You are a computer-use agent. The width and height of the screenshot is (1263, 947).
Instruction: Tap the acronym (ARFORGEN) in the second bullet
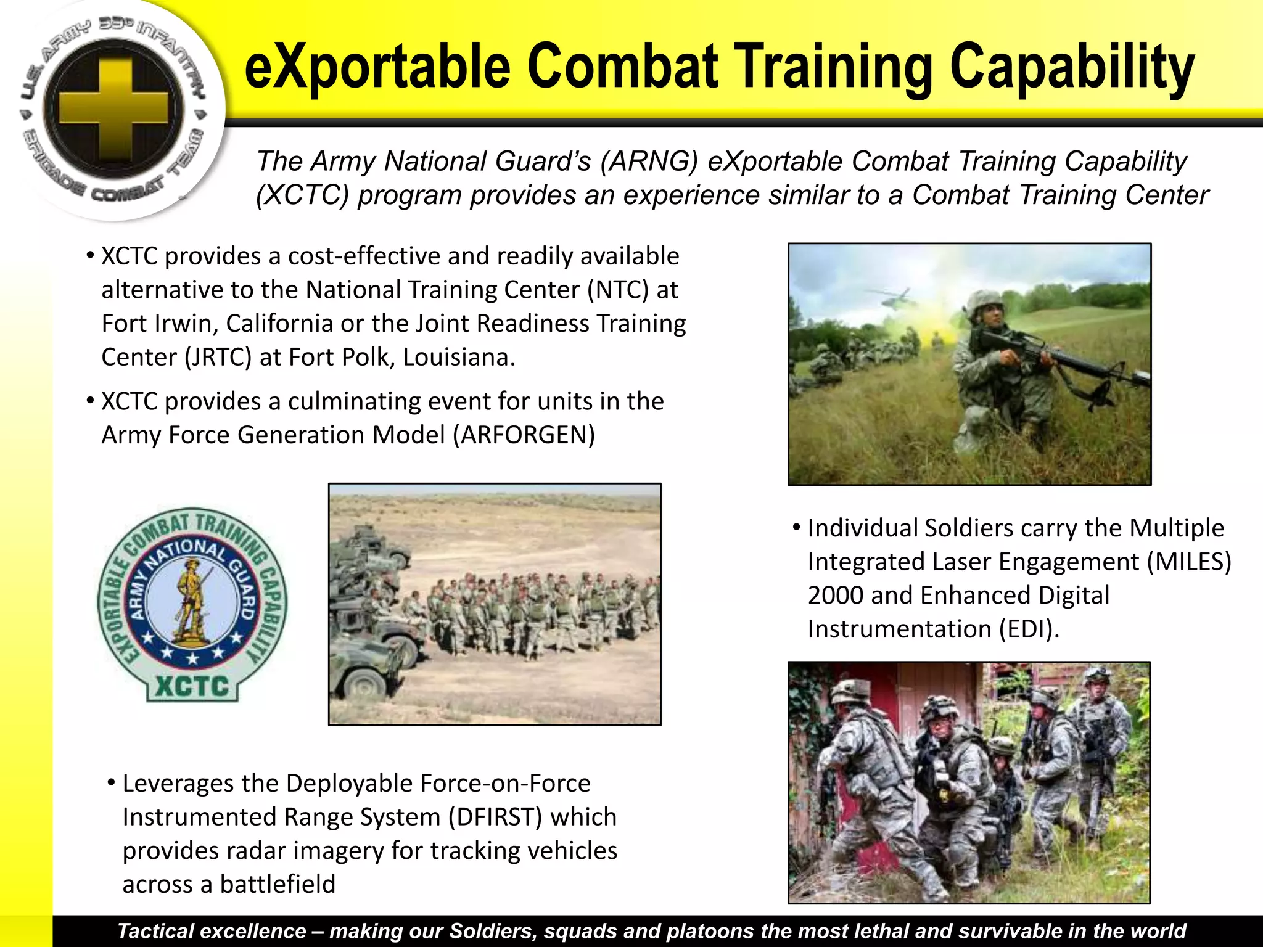point(524,435)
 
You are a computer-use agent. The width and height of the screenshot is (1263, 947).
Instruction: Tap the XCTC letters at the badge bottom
point(192,686)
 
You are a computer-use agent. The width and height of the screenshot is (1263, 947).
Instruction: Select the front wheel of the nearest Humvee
point(364,681)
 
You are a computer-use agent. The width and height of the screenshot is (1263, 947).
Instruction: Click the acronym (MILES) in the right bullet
point(1188,562)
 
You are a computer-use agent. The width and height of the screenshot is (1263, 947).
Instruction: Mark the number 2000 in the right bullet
point(835,596)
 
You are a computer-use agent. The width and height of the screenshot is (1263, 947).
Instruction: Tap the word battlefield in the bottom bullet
point(278,884)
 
